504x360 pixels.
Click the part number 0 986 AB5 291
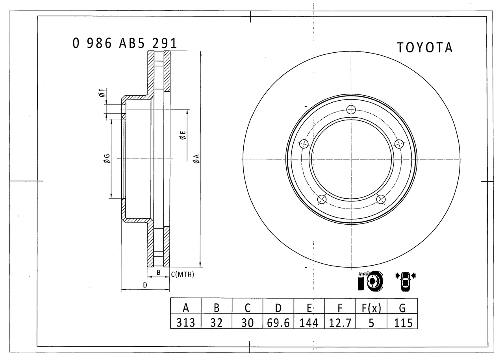[125, 43]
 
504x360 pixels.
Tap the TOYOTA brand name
[425, 48]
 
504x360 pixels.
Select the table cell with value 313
[185, 323]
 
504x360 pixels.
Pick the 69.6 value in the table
[278, 323]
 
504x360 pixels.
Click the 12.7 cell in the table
[340, 323]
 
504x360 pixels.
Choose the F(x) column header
[371, 308]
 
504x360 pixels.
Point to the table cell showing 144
[309, 323]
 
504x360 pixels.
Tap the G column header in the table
[402, 308]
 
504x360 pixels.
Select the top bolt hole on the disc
[351, 110]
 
